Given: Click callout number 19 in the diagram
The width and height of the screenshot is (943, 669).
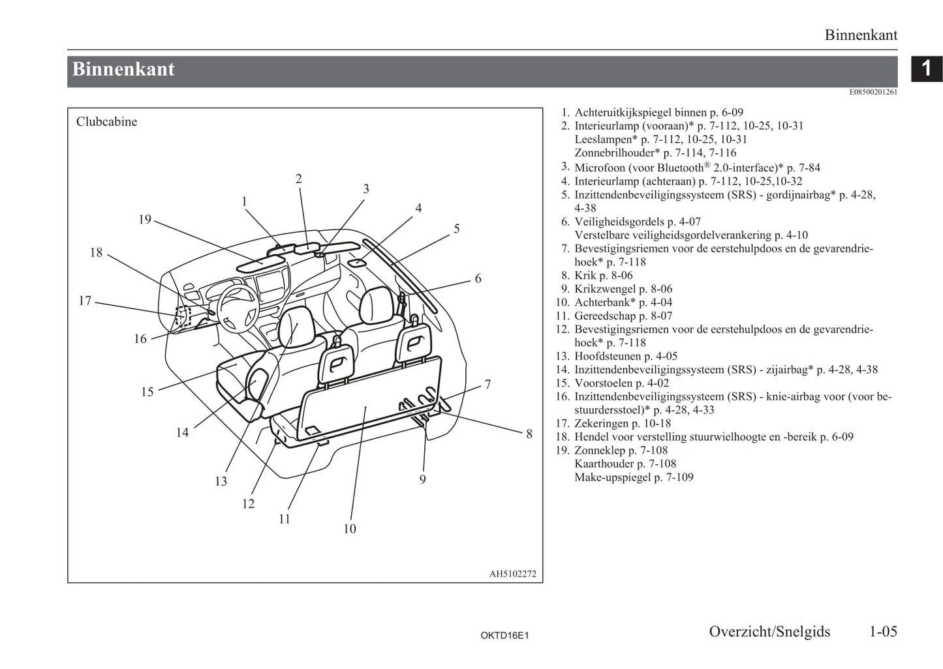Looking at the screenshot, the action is click(145, 219).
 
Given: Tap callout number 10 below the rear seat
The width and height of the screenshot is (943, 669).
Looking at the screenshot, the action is click(350, 528).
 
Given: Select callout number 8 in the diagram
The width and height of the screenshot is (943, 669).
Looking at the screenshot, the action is click(529, 434).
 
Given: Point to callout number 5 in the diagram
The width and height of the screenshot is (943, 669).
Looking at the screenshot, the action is click(457, 228).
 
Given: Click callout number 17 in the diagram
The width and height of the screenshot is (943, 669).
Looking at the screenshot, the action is click(85, 301).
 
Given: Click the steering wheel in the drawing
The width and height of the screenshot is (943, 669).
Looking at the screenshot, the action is click(238, 308).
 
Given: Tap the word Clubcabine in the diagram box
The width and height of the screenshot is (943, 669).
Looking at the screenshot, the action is click(106, 121).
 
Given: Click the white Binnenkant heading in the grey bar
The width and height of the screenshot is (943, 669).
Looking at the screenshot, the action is click(123, 69).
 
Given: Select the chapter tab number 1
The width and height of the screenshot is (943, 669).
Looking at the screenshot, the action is click(926, 68).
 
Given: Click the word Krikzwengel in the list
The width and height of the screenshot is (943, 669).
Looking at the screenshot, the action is click(605, 289).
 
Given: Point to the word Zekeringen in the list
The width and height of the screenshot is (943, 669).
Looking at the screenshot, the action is click(601, 423).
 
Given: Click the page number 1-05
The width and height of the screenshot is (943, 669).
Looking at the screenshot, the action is click(883, 632).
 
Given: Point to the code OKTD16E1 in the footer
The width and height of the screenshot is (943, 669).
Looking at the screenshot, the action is click(504, 635).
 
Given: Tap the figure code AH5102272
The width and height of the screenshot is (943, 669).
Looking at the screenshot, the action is click(513, 574).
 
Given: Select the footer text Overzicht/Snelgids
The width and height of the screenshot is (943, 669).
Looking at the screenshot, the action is click(769, 632).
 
